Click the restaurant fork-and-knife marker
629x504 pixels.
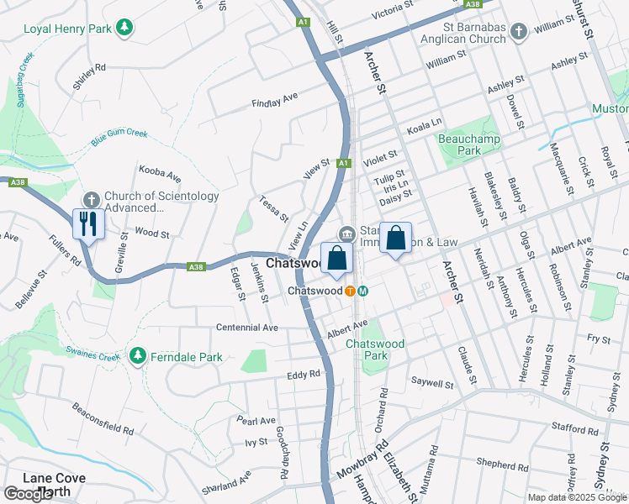tap(88, 223)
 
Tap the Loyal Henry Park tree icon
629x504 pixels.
tap(124, 28)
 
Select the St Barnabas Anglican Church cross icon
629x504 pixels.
tap(519, 33)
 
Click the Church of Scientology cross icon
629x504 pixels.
tap(91, 199)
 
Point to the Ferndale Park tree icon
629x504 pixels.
tap(138, 357)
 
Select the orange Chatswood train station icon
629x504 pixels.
tap(350, 291)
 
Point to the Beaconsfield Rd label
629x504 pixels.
tap(103, 417)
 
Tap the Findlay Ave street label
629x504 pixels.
tap(275, 101)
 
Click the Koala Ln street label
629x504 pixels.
tap(424, 126)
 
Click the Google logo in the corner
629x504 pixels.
tap(28, 494)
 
